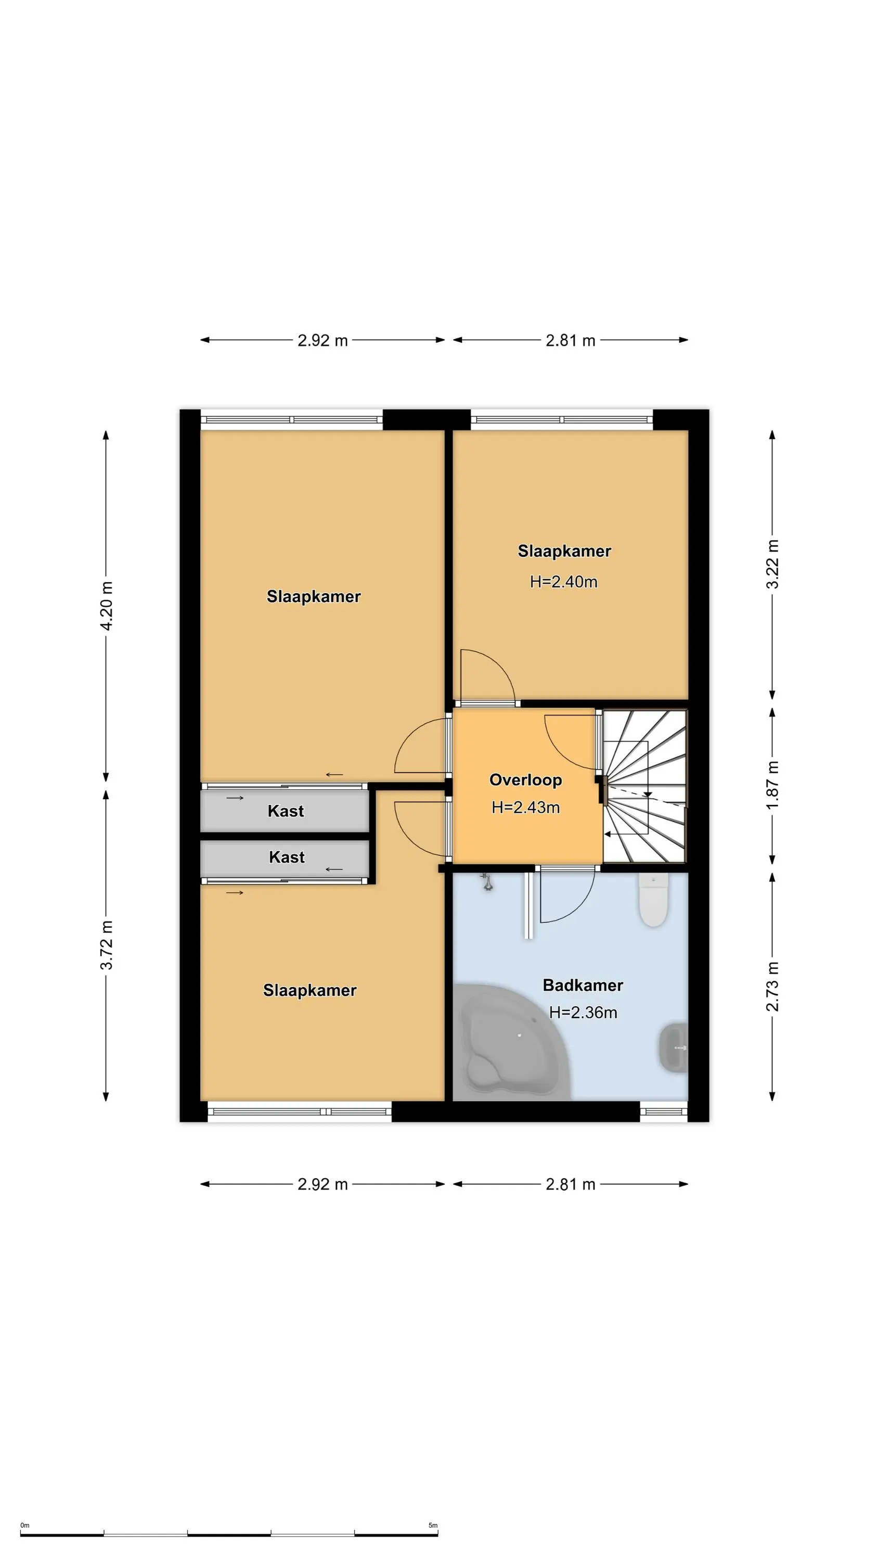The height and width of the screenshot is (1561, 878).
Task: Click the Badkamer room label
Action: [583, 986]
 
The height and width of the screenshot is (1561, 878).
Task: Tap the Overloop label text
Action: [525, 780]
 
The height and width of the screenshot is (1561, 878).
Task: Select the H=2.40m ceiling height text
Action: [563, 582]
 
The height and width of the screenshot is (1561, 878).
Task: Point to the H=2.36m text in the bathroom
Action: [583, 1013]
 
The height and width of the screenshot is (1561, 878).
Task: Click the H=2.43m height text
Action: [525, 807]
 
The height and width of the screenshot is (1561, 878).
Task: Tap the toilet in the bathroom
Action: [653, 899]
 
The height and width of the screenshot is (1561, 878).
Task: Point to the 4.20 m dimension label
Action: [106, 605]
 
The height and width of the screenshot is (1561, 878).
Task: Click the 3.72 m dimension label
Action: [106, 945]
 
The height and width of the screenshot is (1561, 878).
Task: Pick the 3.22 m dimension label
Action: [772, 564]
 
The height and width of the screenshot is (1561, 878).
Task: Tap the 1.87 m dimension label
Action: [772, 785]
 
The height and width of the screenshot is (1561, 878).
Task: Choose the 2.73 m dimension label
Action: [772, 987]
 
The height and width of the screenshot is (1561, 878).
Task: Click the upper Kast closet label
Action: [286, 811]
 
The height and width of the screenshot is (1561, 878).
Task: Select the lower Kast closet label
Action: [287, 857]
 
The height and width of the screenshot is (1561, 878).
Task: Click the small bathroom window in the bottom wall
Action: [664, 1111]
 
